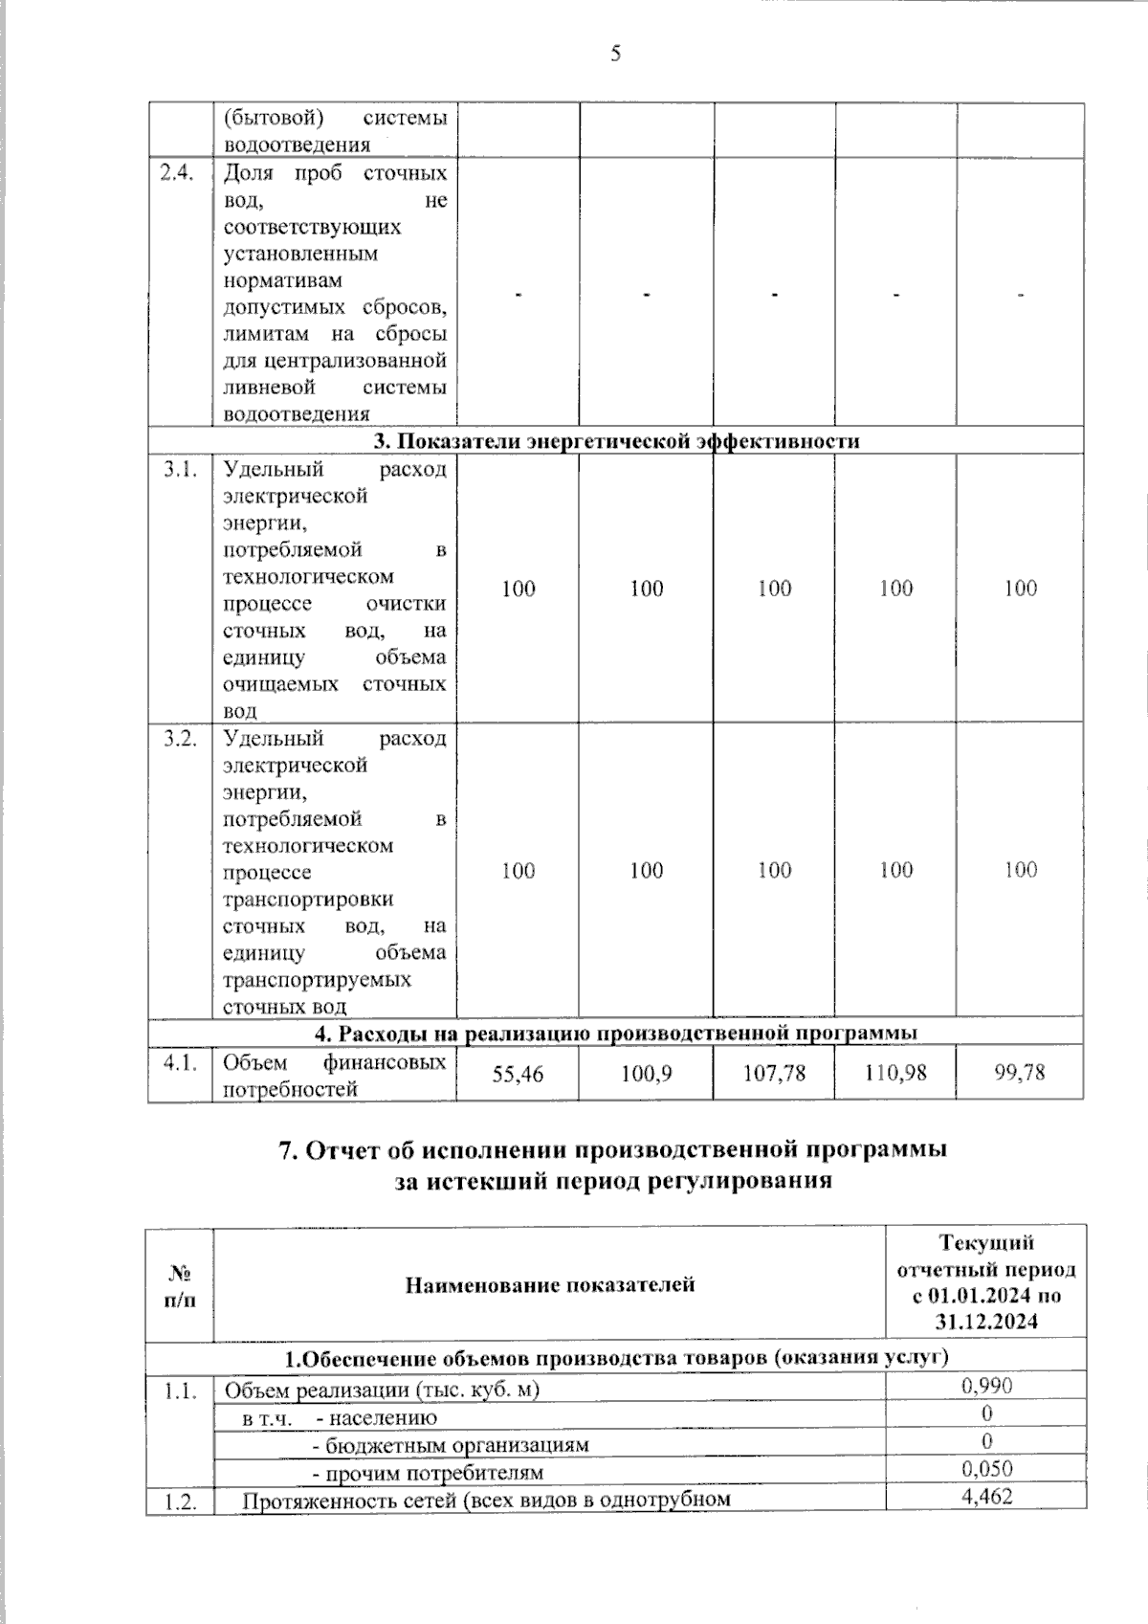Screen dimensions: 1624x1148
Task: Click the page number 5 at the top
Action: pyautogui.click(x=616, y=54)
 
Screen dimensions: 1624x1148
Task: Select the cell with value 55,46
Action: pyautogui.click(x=518, y=1074)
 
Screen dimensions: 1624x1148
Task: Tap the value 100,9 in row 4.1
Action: pyautogui.click(x=646, y=1074)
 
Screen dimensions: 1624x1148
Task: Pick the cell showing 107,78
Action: pyautogui.click(x=774, y=1074)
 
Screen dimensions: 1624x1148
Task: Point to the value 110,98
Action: pyautogui.click(x=895, y=1074)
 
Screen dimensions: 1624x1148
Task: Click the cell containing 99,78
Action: pyautogui.click(x=1020, y=1074)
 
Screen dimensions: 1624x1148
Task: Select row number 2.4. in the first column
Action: pyautogui.click(x=179, y=174)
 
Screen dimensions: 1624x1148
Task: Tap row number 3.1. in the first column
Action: pyautogui.click(x=179, y=470)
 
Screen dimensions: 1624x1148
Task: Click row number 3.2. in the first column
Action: pyautogui.click(x=179, y=739)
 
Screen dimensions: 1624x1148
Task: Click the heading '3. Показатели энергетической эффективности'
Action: pyautogui.click(x=616, y=441)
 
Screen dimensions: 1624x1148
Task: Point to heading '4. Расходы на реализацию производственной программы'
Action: pyautogui.click(x=616, y=1033)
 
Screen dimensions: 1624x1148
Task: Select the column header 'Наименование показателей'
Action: pyautogui.click(x=550, y=1284)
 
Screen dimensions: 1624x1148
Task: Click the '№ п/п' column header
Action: pyautogui.click(x=179, y=1284)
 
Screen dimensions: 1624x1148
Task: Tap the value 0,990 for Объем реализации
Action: pyautogui.click(x=986, y=1386)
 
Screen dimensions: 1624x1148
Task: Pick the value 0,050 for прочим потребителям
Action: pyautogui.click(x=986, y=1469)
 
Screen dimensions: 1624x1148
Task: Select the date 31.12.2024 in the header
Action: pyautogui.click(x=986, y=1323)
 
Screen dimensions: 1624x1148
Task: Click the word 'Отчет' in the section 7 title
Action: pyautogui.click(x=342, y=1151)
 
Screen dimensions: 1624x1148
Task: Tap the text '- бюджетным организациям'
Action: pyautogui.click(x=451, y=1445)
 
